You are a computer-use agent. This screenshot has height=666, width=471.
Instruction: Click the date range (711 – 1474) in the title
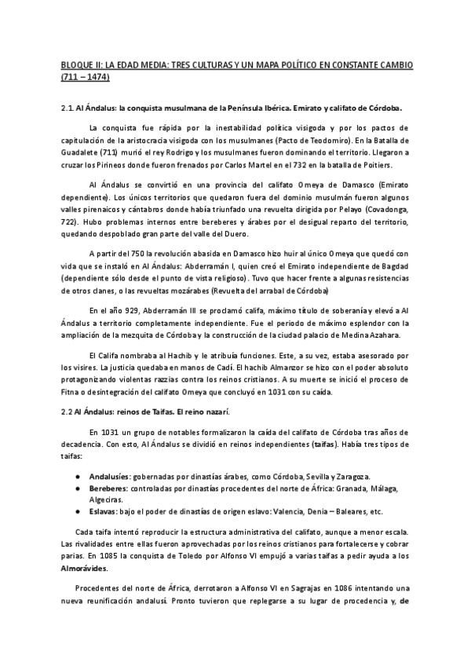(85, 78)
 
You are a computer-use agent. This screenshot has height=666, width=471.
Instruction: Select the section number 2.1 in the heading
(68, 108)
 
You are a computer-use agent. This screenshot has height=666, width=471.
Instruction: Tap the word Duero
(233, 234)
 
